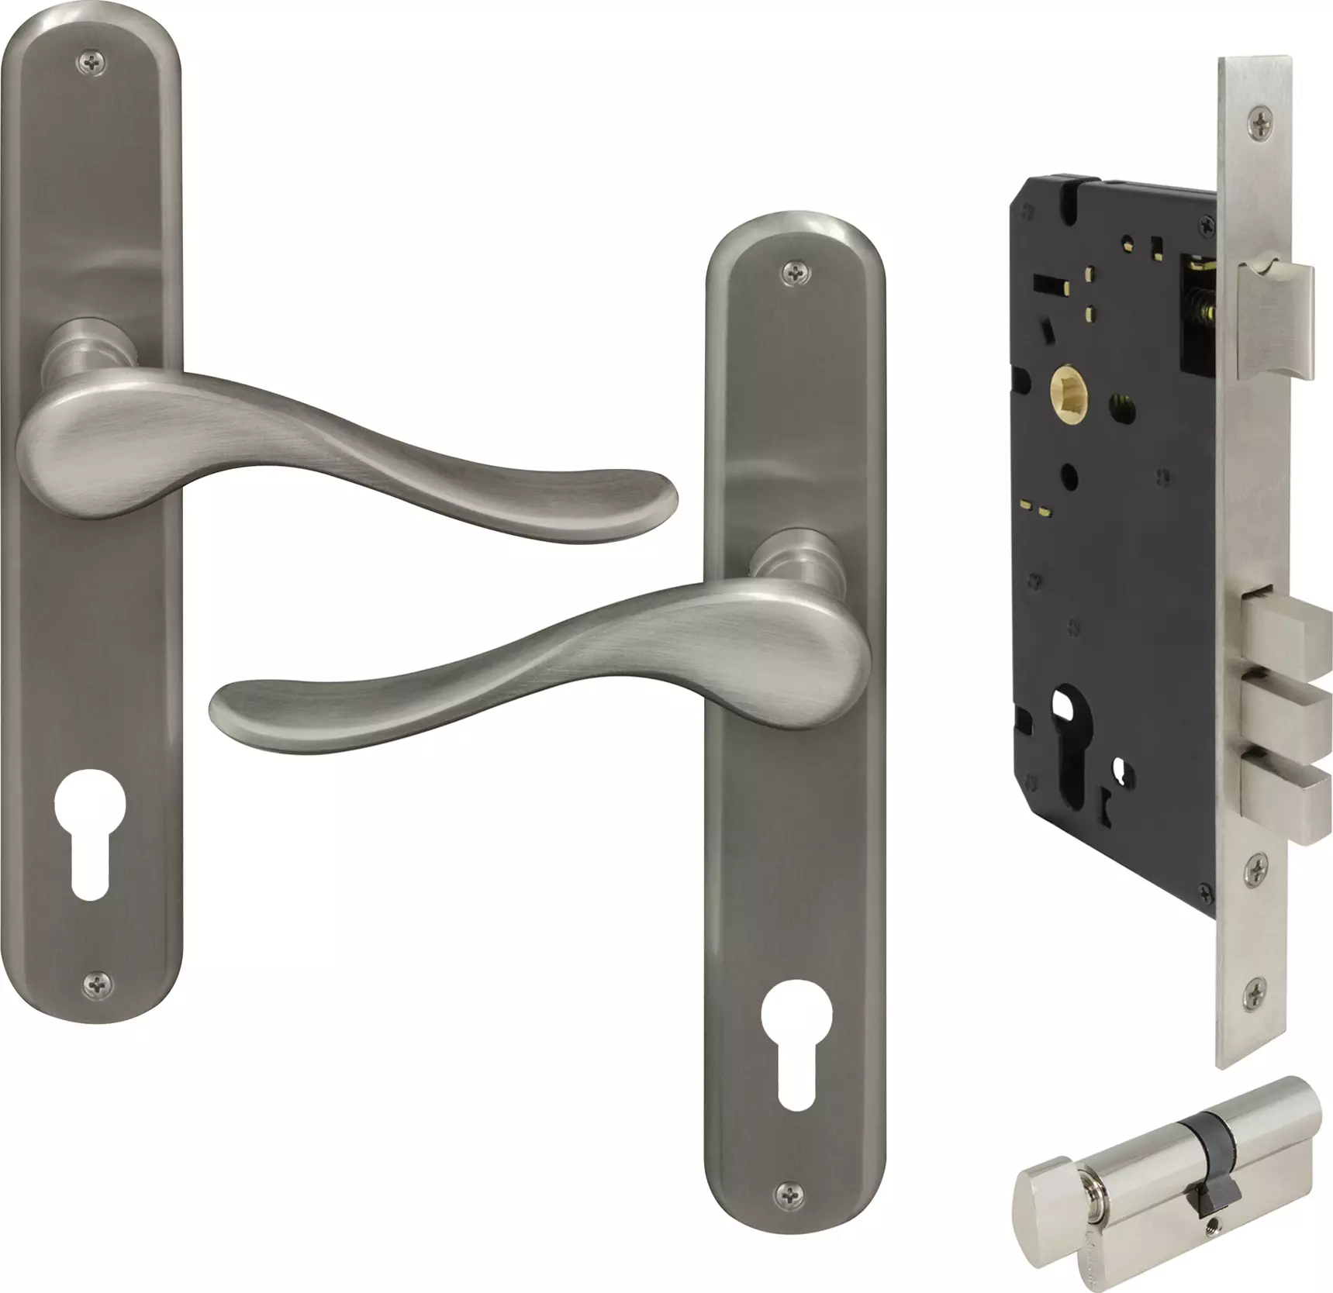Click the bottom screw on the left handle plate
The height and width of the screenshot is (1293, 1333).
(x=98, y=983)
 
